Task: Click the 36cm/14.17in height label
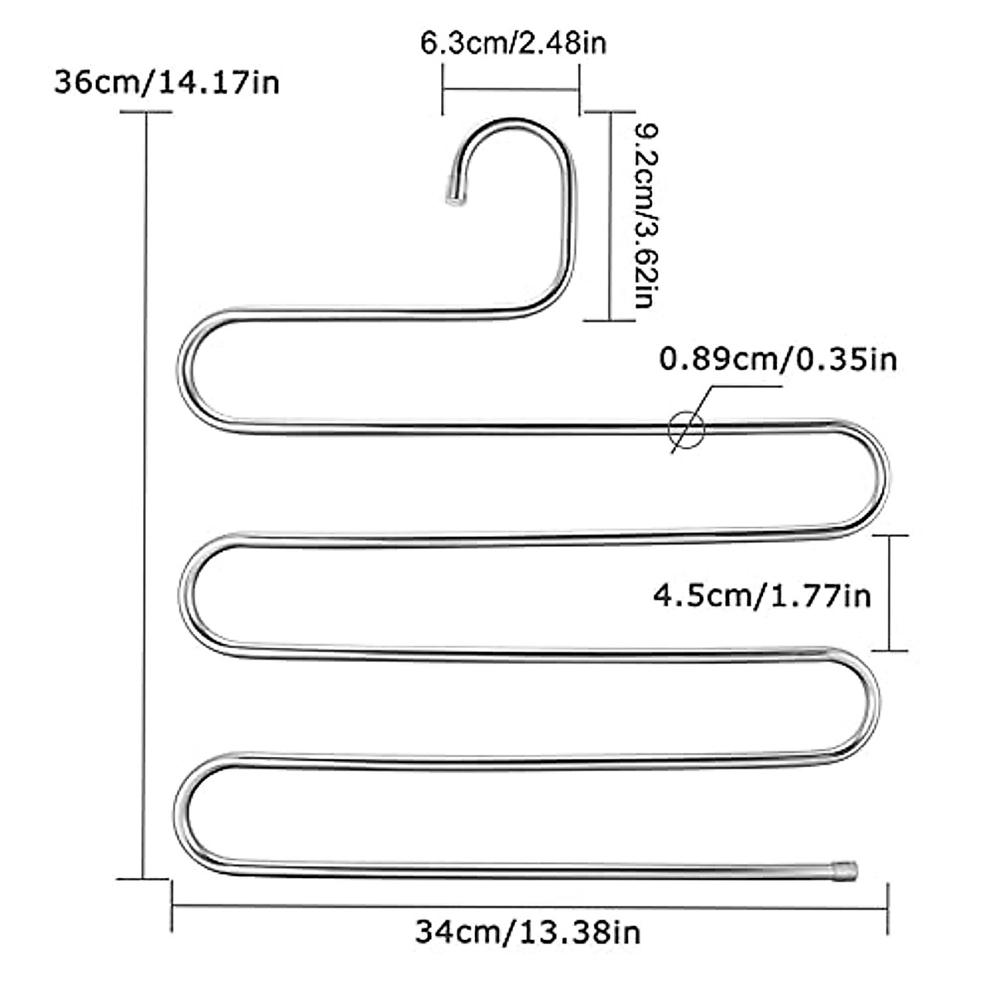tap(166, 83)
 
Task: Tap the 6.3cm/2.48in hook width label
tap(513, 42)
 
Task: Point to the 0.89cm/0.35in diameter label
tap(778, 360)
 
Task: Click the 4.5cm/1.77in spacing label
tap(762, 594)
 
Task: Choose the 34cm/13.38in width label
tap(527, 933)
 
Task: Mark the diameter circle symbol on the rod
tap(686, 428)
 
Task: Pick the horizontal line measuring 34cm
tap(530, 907)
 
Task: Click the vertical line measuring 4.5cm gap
tap(890, 593)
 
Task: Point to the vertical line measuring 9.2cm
tap(611, 215)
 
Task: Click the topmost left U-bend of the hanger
tap(184, 370)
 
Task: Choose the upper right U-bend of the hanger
tap(883, 478)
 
